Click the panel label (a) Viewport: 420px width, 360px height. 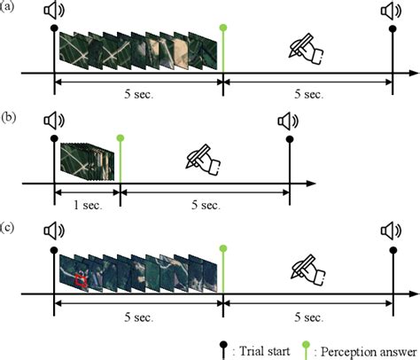pyautogui.click(x=6, y=6)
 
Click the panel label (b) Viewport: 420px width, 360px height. pyautogui.click(x=8, y=117)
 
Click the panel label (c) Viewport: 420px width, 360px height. pyautogui.click(x=7, y=228)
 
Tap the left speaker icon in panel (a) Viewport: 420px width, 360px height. pyautogui.click(x=54, y=11)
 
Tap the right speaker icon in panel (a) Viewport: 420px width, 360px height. pyautogui.click(x=391, y=12)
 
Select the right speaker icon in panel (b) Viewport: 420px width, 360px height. pyautogui.click(x=288, y=121)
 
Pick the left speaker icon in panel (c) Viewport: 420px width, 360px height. pyautogui.click(x=54, y=231)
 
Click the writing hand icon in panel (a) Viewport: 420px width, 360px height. pyautogui.click(x=306, y=49)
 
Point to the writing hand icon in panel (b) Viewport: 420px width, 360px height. pyautogui.click(x=203, y=160)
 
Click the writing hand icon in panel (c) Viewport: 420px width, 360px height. pyautogui.click(x=307, y=270)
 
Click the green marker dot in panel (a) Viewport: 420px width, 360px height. pyautogui.click(x=223, y=27)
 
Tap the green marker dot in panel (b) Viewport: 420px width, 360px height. pyautogui.click(x=121, y=138)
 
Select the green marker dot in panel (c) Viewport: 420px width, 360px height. pyautogui.click(x=223, y=248)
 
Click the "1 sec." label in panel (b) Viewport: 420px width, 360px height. pyautogui.click(x=88, y=205)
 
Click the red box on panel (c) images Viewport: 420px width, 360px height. pyautogui.click(x=81, y=281)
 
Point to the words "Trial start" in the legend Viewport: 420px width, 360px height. pyautogui.click(x=264, y=351)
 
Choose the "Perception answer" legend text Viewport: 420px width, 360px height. pyautogui.click(x=369, y=352)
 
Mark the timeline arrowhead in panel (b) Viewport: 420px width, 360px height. pyautogui.click(x=311, y=184)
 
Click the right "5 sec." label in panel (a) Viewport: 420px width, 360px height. pyautogui.click(x=308, y=94)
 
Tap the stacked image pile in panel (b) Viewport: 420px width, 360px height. pyautogui.click(x=87, y=161)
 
